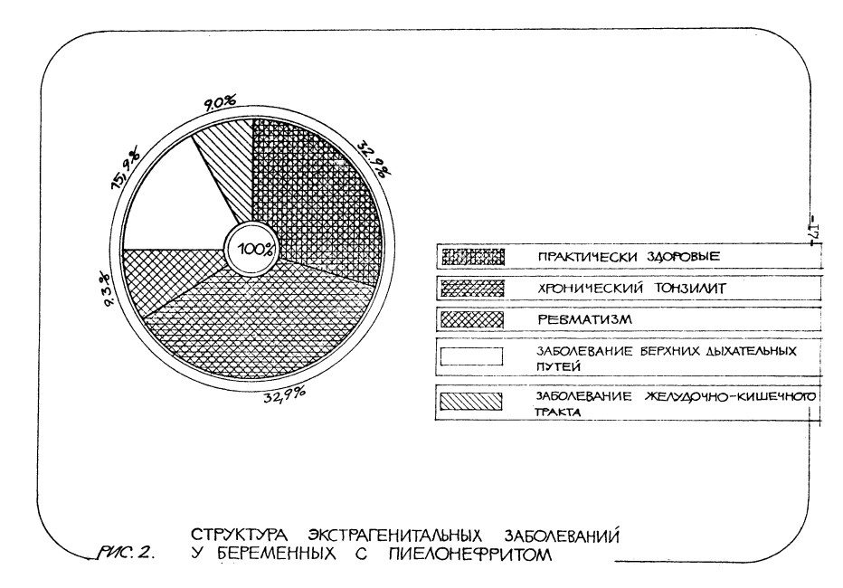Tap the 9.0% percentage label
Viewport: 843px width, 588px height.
coord(219,102)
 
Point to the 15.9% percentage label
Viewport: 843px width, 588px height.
coord(126,167)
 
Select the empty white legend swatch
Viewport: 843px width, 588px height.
coord(471,357)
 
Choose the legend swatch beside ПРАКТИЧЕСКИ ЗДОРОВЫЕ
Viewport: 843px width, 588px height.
coord(472,257)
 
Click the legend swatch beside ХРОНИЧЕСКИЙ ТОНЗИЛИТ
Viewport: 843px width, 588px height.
coord(472,289)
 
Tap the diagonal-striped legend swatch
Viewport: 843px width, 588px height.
coord(471,402)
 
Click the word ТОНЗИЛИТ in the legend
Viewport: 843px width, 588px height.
coord(689,288)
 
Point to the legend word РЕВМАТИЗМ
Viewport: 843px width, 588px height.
coord(585,320)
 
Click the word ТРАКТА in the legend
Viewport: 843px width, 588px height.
coord(557,413)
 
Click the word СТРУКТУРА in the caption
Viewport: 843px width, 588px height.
coord(240,536)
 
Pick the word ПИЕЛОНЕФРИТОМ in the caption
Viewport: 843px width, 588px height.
coord(469,554)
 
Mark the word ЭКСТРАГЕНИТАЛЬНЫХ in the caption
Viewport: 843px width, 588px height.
coord(395,536)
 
